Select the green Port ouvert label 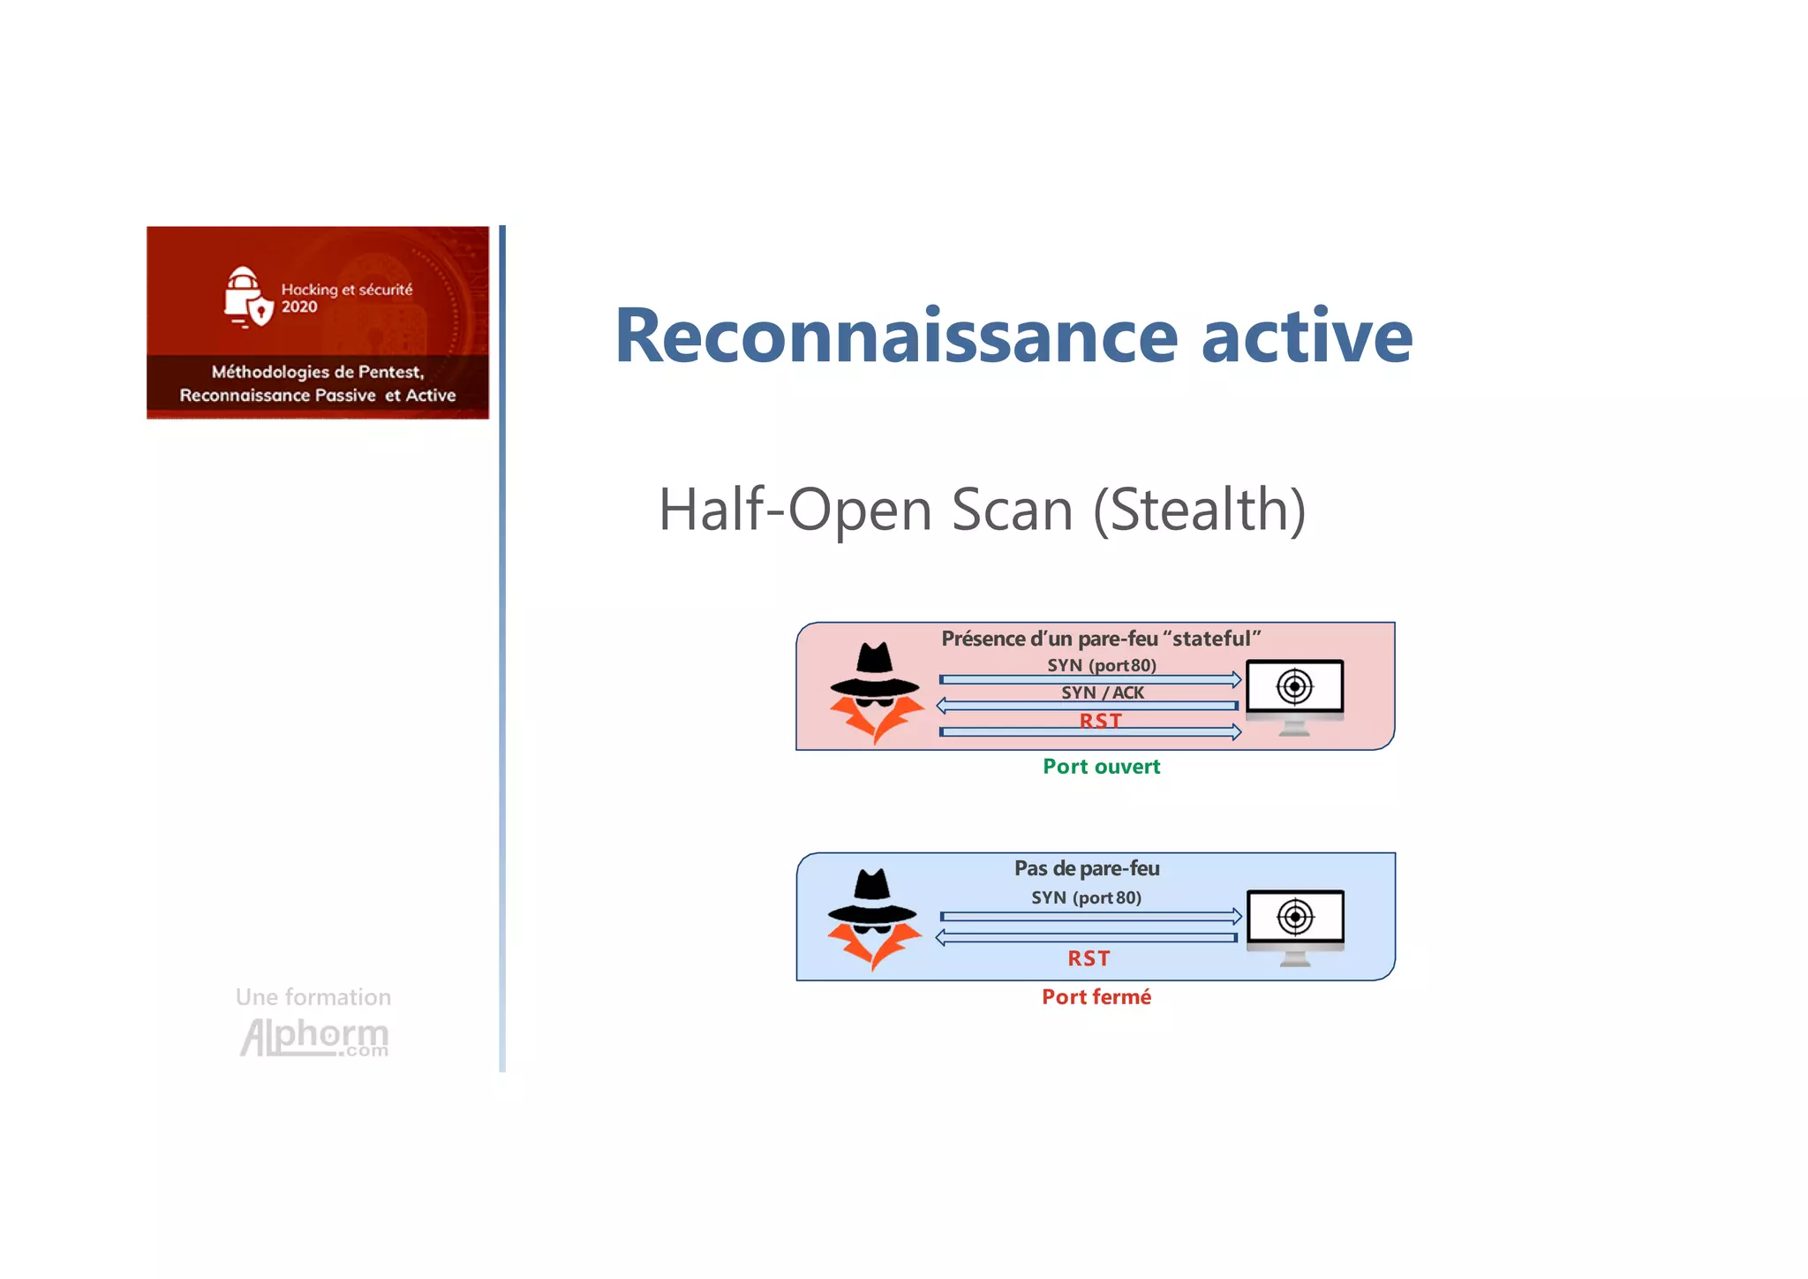click(x=1101, y=767)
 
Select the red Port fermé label click(x=1096, y=997)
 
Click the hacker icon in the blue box click(x=873, y=920)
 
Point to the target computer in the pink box click(x=1294, y=694)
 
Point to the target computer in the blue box click(x=1295, y=925)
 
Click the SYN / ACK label click(x=1103, y=693)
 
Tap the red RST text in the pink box click(x=1100, y=721)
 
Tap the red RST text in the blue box click(x=1089, y=958)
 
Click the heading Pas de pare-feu click(x=1087, y=868)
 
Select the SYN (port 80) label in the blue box click(x=1086, y=897)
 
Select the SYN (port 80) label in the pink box click(x=1101, y=665)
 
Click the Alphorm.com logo click(x=314, y=1037)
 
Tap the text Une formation click(x=313, y=997)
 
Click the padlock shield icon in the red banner click(x=245, y=298)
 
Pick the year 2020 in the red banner click(x=299, y=307)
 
